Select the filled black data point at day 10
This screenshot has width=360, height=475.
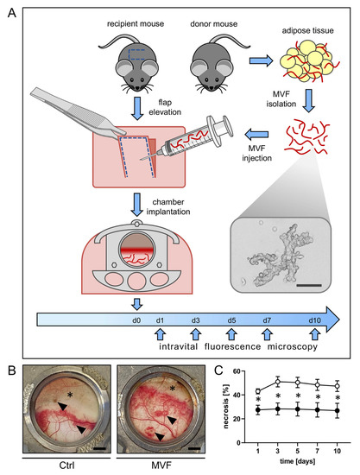pyautogui.click(x=336, y=412)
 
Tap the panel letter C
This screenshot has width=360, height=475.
pyautogui.click(x=217, y=349)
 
